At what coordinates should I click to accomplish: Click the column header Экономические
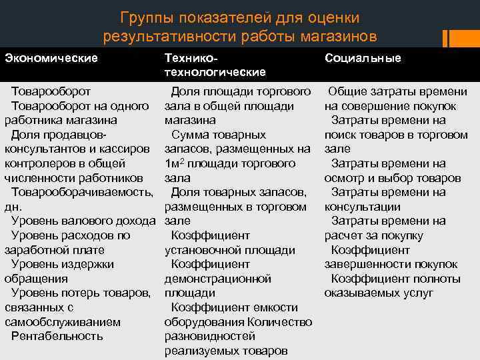tap(51, 58)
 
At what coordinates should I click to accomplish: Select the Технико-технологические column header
tap(215, 65)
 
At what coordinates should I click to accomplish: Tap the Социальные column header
tap(363, 58)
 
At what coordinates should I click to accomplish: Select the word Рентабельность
tap(57, 336)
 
